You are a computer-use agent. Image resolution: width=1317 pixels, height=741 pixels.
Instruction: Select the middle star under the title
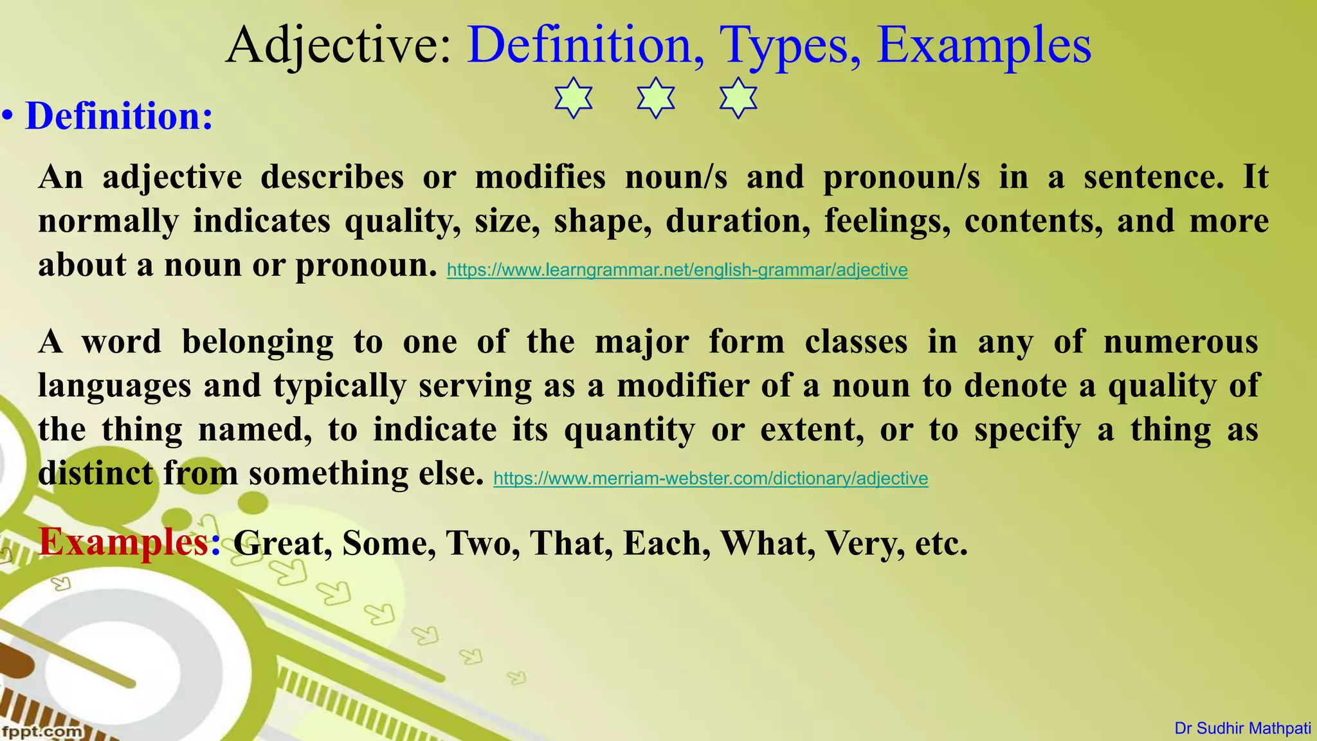tap(656, 98)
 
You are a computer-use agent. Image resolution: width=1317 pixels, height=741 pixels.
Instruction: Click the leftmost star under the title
tap(573, 98)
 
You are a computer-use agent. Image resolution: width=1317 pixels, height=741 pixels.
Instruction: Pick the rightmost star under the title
tap(738, 98)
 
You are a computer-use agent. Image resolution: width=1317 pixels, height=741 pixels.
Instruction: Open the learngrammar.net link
tap(677, 270)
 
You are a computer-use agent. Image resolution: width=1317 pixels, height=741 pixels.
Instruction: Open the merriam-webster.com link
tap(711, 479)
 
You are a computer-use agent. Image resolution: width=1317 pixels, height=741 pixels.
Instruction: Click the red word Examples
tap(124, 542)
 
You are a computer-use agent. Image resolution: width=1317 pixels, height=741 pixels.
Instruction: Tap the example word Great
tap(282, 544)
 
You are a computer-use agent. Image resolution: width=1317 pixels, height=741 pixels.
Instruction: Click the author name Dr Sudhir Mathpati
tap(1242, 729)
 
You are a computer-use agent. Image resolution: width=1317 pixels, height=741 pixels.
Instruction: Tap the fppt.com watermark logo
tap(42, 731)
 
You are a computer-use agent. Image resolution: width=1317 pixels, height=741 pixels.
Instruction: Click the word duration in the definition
tap(738, 221)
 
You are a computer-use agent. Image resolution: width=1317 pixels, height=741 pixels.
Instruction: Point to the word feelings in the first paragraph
tap(887, 221)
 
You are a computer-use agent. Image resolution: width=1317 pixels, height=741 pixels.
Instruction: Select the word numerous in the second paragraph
tap(1181, 342)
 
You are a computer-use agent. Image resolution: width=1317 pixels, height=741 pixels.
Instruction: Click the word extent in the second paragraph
tap(812, 430)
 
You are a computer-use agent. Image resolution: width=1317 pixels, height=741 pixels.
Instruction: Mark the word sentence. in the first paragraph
tap(1154, 177)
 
